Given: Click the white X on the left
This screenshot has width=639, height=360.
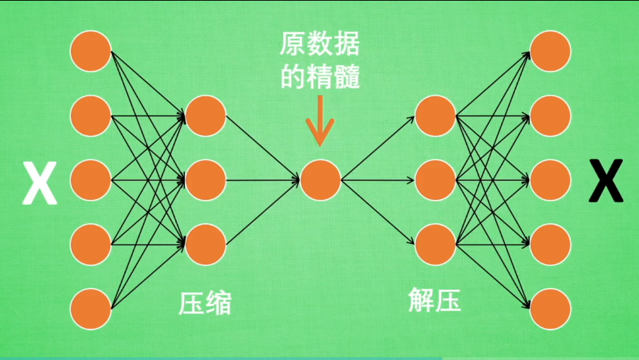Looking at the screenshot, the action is coord(40,181).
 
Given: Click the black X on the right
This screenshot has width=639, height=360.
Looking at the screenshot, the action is coord(606,181).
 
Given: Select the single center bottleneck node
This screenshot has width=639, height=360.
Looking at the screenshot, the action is coord(320,180).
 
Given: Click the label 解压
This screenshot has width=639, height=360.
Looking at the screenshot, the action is coord(435,300).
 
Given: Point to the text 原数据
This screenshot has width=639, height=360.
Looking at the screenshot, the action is coord(319,47).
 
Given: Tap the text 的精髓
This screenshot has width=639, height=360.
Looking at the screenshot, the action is coord(320,76).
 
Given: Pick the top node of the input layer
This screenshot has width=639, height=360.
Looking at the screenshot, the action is coord(91,51).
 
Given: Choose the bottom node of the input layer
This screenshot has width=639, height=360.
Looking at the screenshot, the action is coord(91,309).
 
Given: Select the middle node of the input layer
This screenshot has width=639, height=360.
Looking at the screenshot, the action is coord(91,180).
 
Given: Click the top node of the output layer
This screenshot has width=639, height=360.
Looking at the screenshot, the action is coord(550,51).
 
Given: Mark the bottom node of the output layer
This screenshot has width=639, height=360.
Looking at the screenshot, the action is coord(550,309).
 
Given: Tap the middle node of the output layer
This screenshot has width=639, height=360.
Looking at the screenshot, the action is coord(550,180).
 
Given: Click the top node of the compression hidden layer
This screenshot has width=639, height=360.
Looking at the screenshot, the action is coord(205,116).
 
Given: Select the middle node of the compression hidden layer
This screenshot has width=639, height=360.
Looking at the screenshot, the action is coord(205,180).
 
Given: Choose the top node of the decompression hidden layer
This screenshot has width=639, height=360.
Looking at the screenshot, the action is coord(435,116).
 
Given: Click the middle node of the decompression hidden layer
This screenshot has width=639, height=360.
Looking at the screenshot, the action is coord(435,180).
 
